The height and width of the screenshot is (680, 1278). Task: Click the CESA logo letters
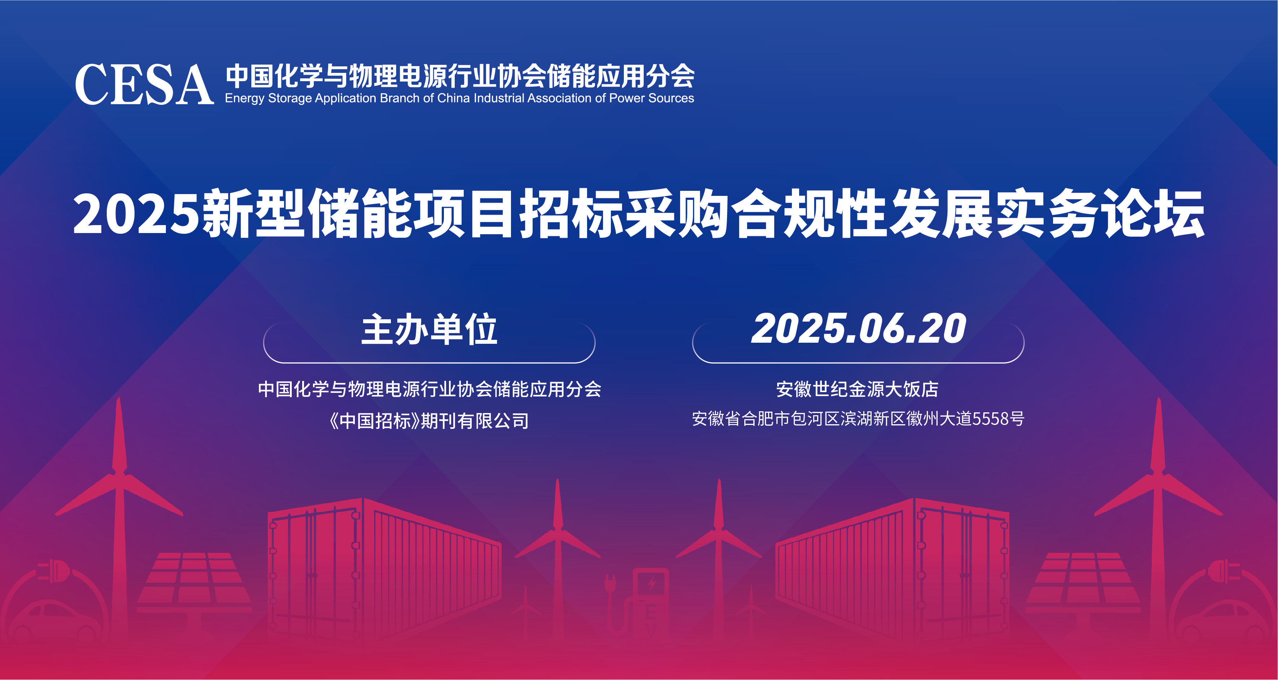click(144, 84)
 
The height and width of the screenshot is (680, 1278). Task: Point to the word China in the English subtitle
click(453, 98)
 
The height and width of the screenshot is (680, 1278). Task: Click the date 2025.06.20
click(858, 329)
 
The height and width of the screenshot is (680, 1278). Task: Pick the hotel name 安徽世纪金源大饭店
click(857, 389)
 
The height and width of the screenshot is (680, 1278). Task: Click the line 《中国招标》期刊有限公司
click(429, 421)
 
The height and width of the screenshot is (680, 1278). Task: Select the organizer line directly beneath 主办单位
click(429, 389)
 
